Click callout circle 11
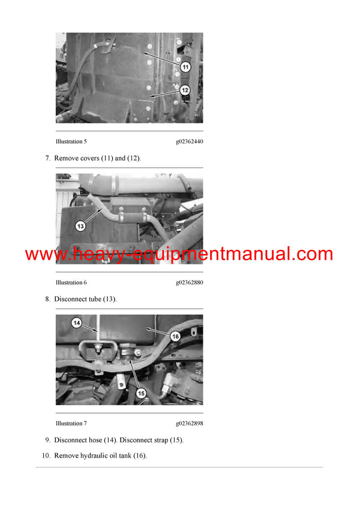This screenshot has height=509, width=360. click(185, 68)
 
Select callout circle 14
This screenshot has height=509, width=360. click(76, 323)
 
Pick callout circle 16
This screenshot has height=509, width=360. click(175, 337)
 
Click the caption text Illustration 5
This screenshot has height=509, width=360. click(71, 141)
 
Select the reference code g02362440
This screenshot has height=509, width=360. click(189, 141)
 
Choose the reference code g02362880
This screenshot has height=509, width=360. click(189, 282)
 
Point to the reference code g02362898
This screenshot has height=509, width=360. click(189, 423)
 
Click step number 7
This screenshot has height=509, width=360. click(47, 158)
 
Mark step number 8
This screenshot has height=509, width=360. click(47, 299)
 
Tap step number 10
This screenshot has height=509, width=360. click(46, 456)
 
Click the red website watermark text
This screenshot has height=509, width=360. click(179, 254)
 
